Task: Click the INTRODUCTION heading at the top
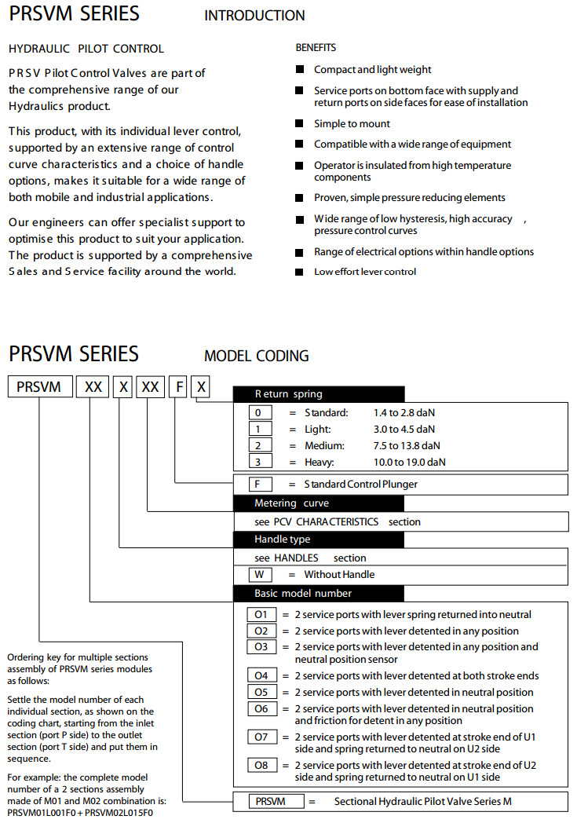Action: pyautogui.click(x=254, y=15)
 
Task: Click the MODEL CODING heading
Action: pyautogui.click(x=257, y=356)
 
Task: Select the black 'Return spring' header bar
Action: pyautogui.click(x=319, y=394)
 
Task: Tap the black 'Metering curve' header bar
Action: pyautogui.click(x=319, y=503)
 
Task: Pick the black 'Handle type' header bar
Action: pyautogui.click(x=319, y=540)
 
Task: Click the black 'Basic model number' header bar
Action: pyautogui.click(x=319, y=593)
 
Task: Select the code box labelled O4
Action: pyautogui.click(x=261, y=675)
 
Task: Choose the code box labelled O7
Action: pyautogui.click(x=261, y=737)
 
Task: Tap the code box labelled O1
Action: pyautogui.click(x=261, y=614)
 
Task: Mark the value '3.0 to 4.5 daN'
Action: pyautogui.click(x=404, y=429)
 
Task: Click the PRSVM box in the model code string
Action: pyautogui.click(x=38, y=386)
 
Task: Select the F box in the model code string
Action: pyautogui.click(x=181, y=386)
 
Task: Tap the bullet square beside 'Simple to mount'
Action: pyautogui.click(x=299, y=123)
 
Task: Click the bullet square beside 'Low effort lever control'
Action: pyautogui.click(x=299, y=272)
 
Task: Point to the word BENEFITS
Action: pyautogui.click(x=316, y=48)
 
